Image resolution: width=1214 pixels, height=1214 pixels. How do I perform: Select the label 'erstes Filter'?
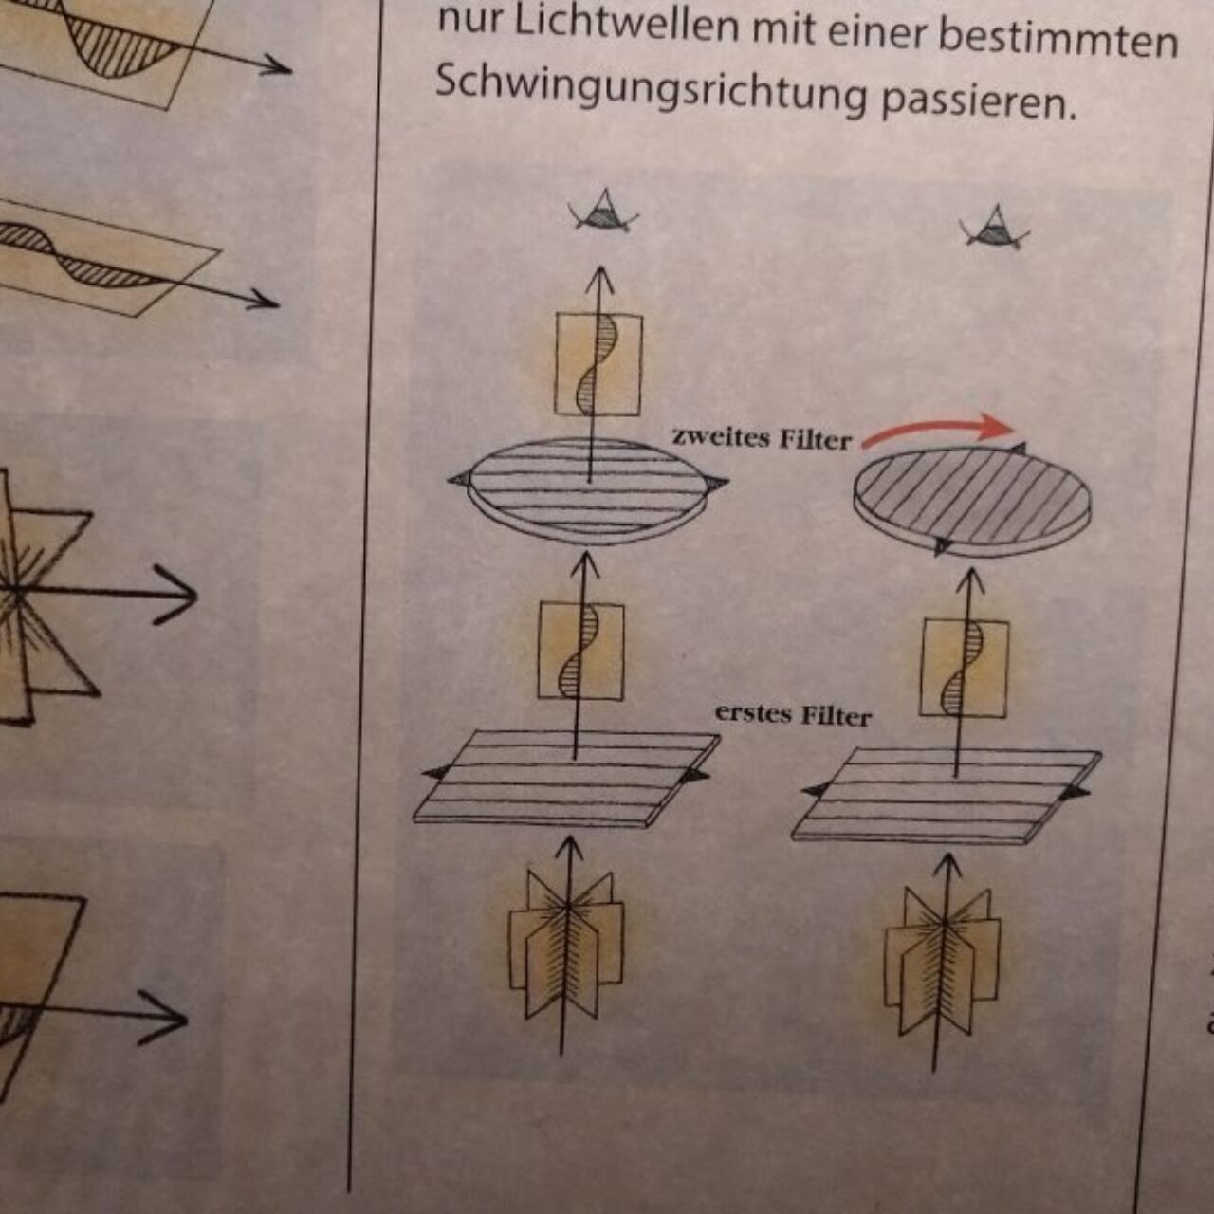tap(793, 715)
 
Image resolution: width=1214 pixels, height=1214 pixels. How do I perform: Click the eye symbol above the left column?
tap(603, 212)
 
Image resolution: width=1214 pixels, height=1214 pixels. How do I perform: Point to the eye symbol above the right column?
tap(995, 228)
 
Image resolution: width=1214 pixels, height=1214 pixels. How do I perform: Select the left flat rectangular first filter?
tap(565, 777)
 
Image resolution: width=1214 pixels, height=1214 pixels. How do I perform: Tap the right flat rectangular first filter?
tap(947, 795)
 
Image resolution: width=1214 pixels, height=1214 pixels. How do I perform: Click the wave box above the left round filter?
tap(598, 365)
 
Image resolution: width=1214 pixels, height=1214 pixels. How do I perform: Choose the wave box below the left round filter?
tap(580, 652)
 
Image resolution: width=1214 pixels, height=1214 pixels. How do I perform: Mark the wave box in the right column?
tap(964, 668)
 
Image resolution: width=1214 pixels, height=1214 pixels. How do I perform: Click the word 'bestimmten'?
tap(1058, 39)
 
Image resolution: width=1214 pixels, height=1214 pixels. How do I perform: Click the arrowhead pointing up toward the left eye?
tap(601, 278)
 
